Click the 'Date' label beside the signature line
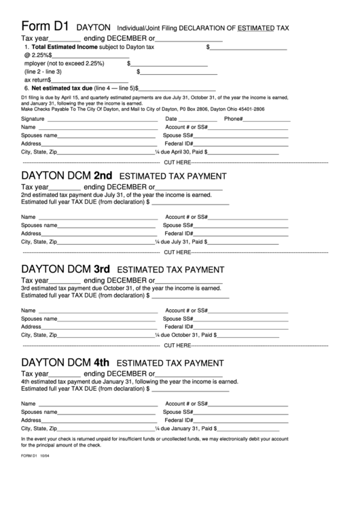click(x=171, y=119)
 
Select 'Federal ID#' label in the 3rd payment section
click(x=179, y=327)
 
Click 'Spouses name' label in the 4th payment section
click(x=39, y=412)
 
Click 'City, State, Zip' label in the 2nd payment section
click(x=39, y=241)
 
